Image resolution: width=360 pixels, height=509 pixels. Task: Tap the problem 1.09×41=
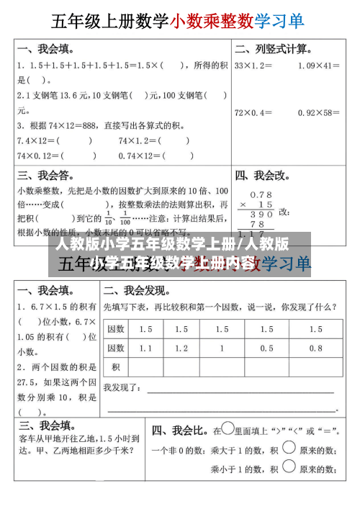pyautogui.click(x=318, y=66)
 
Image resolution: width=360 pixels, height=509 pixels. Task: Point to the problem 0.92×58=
pyautogui.click(x=318, y=112)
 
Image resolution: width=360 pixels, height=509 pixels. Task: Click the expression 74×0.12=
pyautogui.click(x=40, y=155)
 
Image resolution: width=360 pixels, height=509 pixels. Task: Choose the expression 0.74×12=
pyautogui.click(x=140, y=155)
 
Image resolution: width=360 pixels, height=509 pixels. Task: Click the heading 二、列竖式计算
pyautogui.click(x=274, y=50)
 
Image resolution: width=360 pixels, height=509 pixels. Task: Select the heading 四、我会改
pyautogui.click(x=263, y=175)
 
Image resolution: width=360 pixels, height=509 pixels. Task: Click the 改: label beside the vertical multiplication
pyautogui.click(x=284, y=212)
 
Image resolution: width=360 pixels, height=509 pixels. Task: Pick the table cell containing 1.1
pyautogui.click(x=146, y=348)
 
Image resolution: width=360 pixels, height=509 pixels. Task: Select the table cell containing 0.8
pyautogui.click(x=316, y=348)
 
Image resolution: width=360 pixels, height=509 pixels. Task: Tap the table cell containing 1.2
pyautogui.click(x=181, y=348)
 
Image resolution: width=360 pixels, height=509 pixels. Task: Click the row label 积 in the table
pyautogui.click(x=115, y=366)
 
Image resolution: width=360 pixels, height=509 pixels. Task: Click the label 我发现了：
pyautogui.click(x=123, y=387)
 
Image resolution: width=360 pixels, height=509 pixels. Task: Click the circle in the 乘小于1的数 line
pyautogui.click(x=289, y=468)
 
